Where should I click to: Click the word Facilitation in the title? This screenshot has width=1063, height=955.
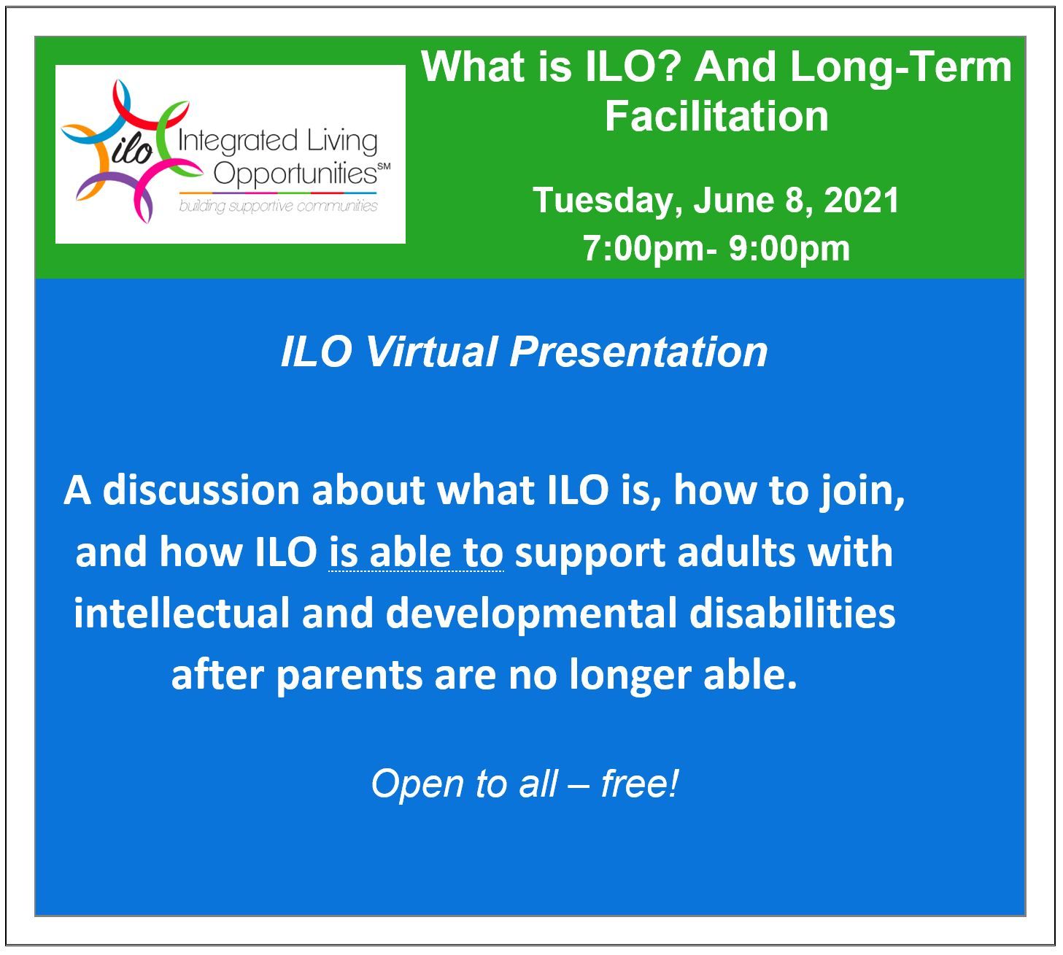pos(716,116)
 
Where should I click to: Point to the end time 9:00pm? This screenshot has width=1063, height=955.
pos(789,250)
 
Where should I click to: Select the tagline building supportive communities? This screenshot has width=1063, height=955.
pos(278,206)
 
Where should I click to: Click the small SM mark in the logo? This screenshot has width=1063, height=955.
pos(384,166)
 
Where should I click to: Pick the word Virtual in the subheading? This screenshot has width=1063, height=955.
pos(431,352)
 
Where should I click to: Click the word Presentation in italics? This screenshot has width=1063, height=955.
pos(638,352)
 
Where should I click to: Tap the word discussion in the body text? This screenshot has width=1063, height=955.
pos(201,490)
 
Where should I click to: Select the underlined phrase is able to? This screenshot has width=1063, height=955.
pos(416,552)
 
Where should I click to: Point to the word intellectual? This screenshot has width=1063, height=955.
pos(182,614)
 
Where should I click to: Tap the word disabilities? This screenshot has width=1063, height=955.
pos(792,614)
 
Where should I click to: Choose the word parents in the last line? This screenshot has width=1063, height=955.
pos(349,677)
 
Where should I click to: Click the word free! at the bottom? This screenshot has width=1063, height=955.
pos(640,785)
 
